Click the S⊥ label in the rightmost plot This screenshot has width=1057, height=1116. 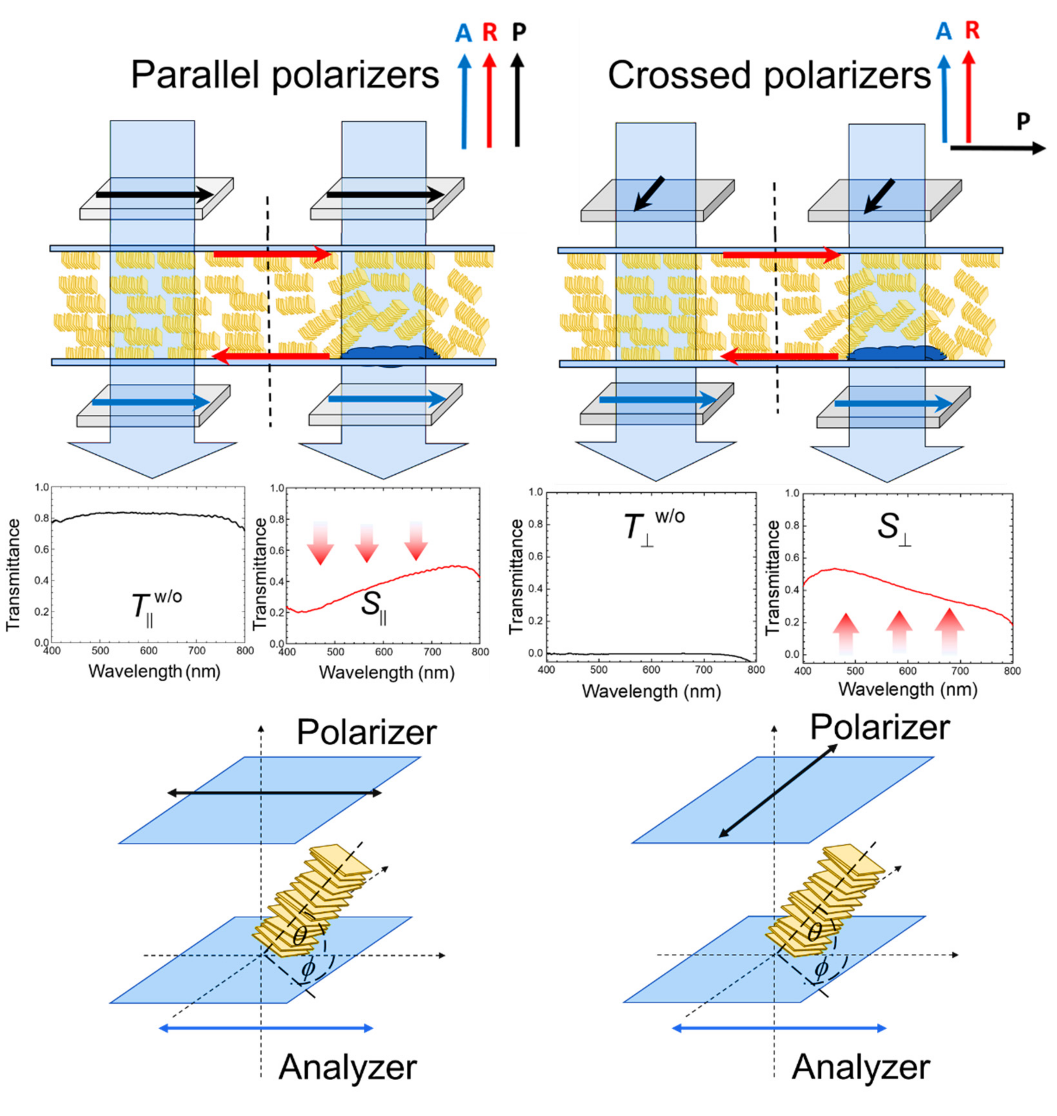(896, 530)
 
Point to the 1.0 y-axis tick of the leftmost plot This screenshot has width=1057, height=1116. (42, 487)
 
